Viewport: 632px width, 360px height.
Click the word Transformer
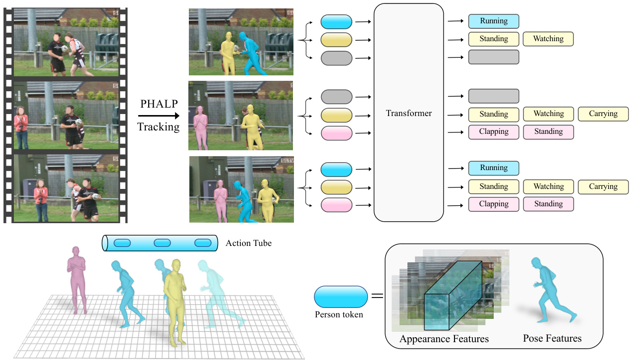coord(408,113)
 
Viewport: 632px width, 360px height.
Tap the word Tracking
coord(159,126)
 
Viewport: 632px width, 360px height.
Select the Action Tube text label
coord(248,243)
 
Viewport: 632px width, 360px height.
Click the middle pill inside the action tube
coord(162,243)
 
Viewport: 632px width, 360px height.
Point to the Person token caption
coord(339,314)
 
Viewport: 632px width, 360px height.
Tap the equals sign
coord(378,296)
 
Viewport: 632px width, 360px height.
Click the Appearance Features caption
coord(444,339)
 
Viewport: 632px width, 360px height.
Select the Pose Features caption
coord(552,339)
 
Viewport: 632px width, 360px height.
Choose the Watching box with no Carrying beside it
coord(548,39)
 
